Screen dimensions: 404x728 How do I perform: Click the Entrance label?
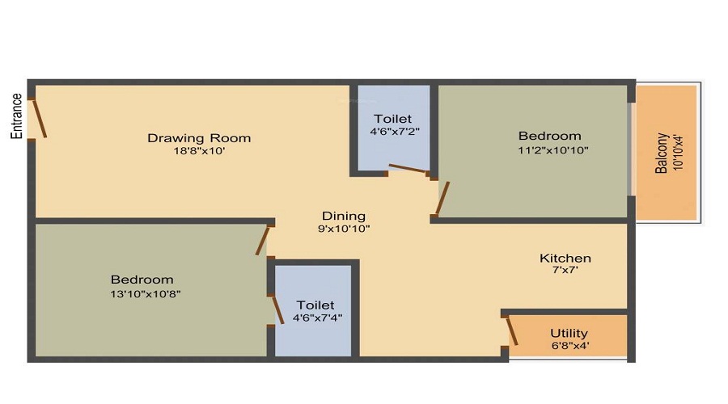pos(16,116)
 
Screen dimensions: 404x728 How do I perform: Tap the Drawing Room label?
pos(199,137)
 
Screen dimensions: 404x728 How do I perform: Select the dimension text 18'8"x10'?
pos(199,151)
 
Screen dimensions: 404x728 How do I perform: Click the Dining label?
pos(344,216)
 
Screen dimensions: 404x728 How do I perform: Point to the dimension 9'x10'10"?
pos(344,229)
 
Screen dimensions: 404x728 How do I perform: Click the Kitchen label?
pos(565,258)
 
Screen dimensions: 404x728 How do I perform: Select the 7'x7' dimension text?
pos(565,271)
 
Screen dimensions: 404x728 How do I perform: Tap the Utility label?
pos(569,333)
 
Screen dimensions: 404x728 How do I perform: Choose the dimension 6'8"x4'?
pos(569,345)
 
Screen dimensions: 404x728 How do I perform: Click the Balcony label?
pos(662,154)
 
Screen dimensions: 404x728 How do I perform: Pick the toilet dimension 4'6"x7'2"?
pos(394,131)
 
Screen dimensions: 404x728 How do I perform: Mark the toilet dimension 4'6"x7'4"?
pos(315,318)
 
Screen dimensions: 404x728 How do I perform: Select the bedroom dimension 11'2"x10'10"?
pos(550,149)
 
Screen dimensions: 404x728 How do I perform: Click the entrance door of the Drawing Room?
pos(37,119)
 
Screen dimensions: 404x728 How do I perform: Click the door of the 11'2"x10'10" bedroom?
pos(442,200)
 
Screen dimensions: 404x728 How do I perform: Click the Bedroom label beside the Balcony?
pos(550,136)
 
